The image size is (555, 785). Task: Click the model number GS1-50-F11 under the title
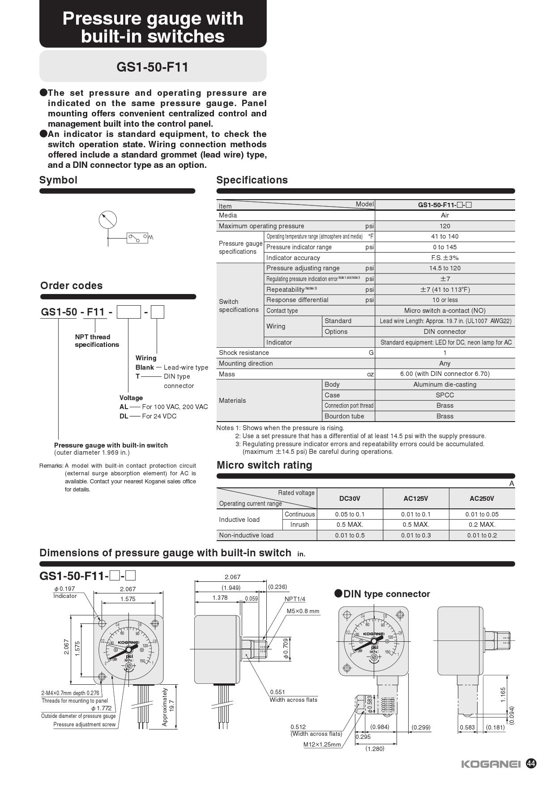(153, 67)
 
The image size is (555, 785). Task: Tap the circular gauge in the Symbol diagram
(108, 220)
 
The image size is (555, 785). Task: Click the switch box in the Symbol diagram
(137, 238)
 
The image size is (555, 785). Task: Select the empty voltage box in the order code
(129, 311)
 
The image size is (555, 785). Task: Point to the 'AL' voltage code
(124, 407)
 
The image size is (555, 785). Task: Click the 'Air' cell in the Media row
(445, 215)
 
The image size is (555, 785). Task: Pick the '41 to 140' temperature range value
(445, 236)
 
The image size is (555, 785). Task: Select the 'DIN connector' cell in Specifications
(445, 332)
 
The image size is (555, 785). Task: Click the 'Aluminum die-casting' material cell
(445, 384)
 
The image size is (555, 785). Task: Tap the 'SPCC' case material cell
(445, 395)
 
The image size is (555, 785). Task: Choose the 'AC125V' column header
(416, 499)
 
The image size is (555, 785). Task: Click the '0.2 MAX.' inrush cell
(482, 525)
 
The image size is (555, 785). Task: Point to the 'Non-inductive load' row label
(246, 535)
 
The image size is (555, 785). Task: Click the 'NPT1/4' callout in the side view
(295, 599)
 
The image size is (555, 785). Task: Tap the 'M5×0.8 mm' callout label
(303, 611)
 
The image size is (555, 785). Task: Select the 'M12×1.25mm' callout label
(322, 745)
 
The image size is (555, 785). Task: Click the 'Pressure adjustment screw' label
(84, 725)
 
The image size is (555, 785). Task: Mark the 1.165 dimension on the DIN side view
(503, 695)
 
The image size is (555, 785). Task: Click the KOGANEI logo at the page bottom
(491, 764)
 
